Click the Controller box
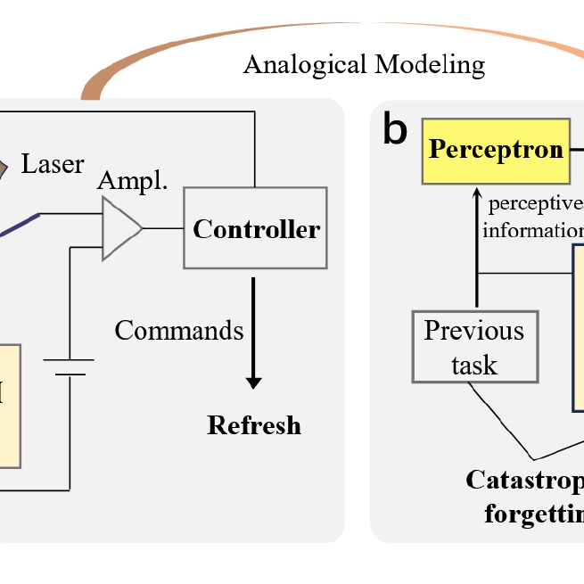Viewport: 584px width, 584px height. tap(255, 228)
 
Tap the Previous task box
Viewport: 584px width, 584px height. tap(474, 347)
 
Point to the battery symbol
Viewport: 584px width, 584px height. tap(70, 367)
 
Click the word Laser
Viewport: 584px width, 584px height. tap(53, 164)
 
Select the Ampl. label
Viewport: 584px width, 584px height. tap(132, 180)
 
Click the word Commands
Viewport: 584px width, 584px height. tap(178, 330)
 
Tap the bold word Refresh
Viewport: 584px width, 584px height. tap(254, 425)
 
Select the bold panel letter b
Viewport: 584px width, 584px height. tap(394, 130)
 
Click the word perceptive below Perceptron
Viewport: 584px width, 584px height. tap(533, 202)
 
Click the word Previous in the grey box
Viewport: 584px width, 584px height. tap(474, 331)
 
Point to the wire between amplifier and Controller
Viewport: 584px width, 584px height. tap(162, 228)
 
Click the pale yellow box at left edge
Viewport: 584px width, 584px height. tap(10, 406)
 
